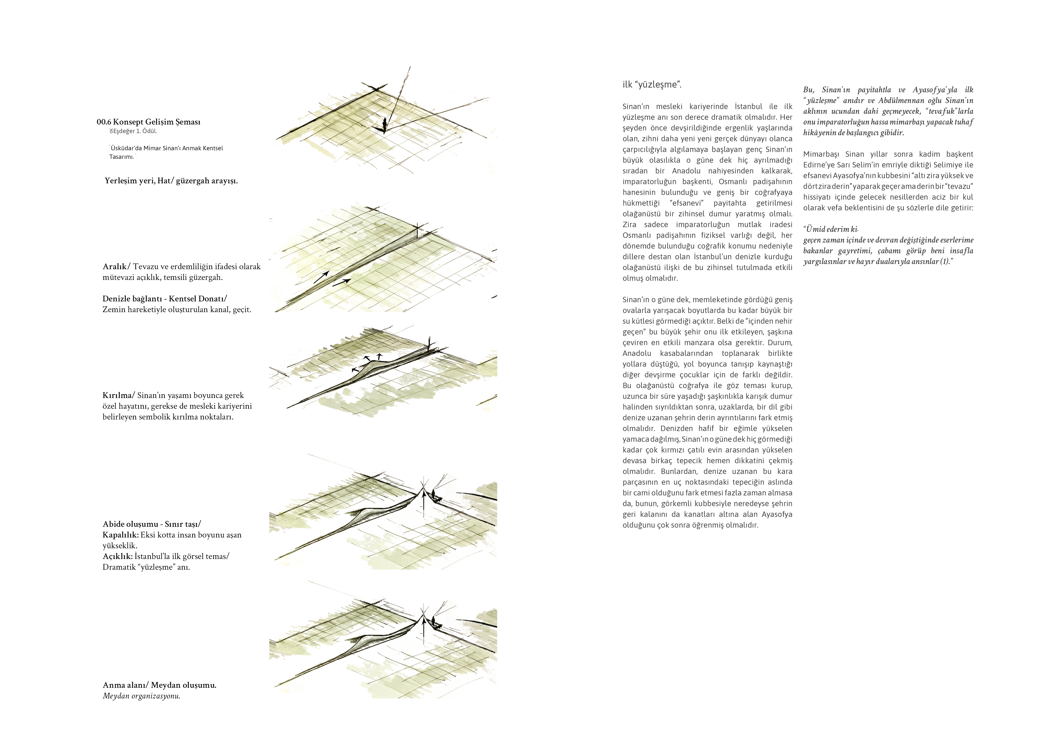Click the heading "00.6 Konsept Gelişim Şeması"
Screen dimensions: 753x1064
pos(148,122)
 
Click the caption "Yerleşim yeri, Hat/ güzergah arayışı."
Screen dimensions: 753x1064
pos(171,181)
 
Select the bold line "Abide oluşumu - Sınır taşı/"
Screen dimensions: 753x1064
pos(152,524)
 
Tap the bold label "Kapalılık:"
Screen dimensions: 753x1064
pos(121,535)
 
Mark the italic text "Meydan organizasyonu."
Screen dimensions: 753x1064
pos(141,696)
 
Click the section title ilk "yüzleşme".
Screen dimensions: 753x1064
pos(652,85)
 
